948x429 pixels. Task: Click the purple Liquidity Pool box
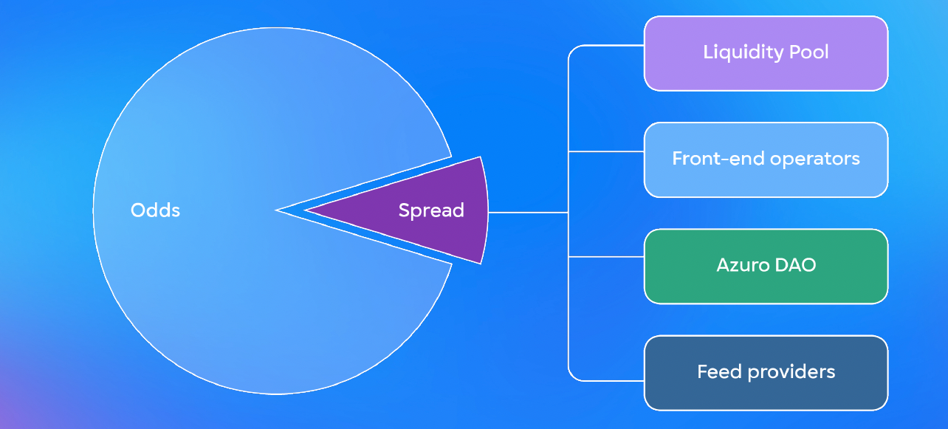(x=766, y=53)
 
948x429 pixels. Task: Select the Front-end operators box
(x=766, y=160)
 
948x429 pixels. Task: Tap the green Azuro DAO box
(x=766, y=267)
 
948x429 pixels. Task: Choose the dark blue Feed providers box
(x=766, y=373)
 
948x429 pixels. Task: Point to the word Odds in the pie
(x=155, y=210)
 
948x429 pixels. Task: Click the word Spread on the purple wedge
(x=431, y=211)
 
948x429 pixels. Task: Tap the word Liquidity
(x=743, y=52)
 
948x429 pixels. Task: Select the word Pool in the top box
(x=808, y=52)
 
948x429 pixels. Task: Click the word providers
(x=791, y=373)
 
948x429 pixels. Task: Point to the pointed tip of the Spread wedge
(x=305, y=210)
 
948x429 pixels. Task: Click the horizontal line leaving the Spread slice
(x=528, y=213)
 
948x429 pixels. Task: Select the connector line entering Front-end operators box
(x=606, y=151)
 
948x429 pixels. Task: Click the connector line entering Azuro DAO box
(x=606, y=256)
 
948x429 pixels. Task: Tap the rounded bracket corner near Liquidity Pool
(x=572, y=49)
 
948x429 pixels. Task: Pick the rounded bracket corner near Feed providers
(x=572, y=377)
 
